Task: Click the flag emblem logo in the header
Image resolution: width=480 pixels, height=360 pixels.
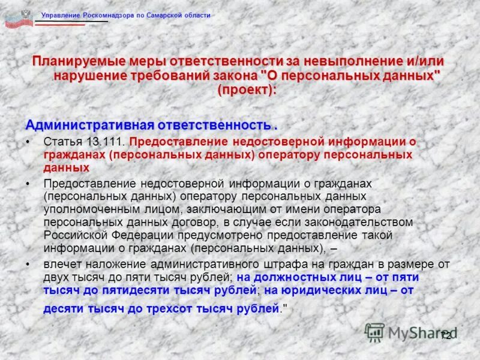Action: (x=19, y=17)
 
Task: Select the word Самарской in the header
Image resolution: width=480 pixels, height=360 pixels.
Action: (x=169, y=16)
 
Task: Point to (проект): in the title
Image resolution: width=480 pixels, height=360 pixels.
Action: (x=248, y=90)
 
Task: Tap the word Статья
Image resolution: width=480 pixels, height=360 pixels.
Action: (x=62, y=142)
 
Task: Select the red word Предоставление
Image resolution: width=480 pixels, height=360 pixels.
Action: (x=178, y=142)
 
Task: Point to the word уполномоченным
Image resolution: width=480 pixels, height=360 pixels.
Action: (x=84, y=209)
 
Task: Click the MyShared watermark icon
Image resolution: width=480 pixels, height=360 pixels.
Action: (x=375, y=332)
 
